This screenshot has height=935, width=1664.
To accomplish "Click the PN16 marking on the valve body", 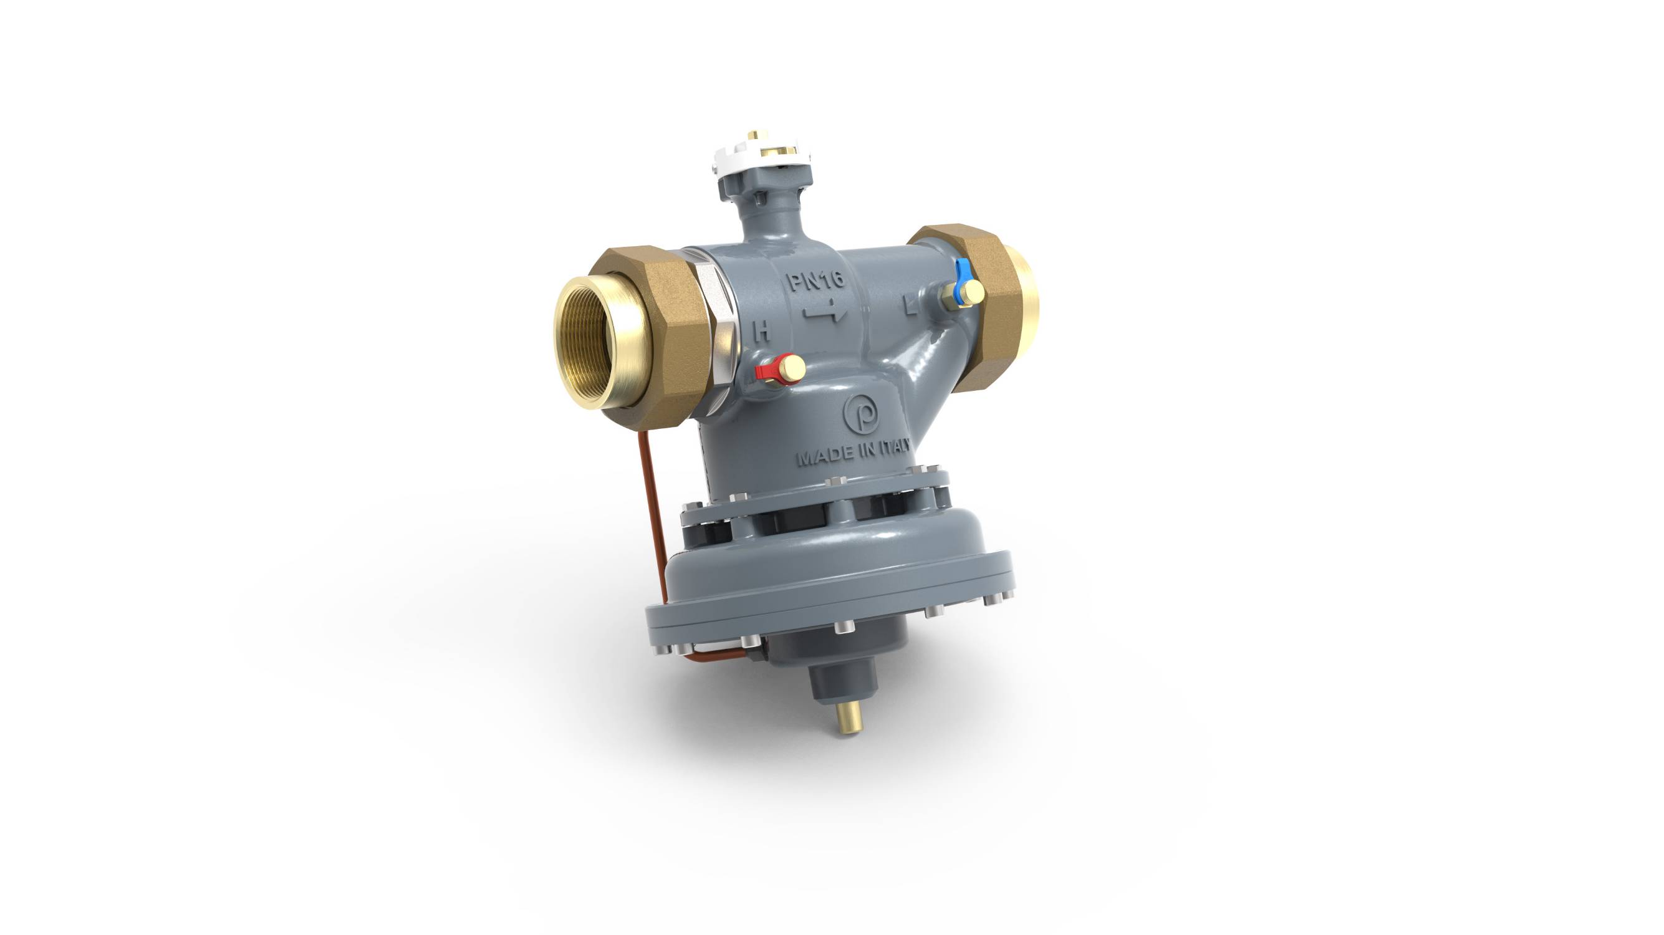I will (x=815, y=281).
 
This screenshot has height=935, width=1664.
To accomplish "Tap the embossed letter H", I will (x=763, y=332).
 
